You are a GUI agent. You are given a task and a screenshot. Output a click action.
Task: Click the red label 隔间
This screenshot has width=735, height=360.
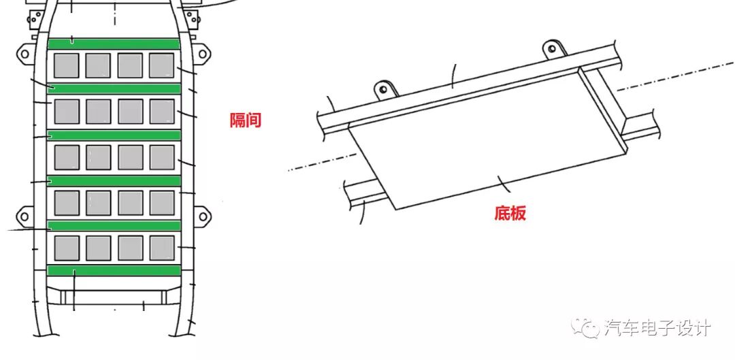click(245, 121)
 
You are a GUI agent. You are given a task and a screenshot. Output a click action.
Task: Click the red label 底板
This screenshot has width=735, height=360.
click(510, 214)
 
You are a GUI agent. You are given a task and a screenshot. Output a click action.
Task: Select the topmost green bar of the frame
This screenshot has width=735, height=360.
click(114, 44)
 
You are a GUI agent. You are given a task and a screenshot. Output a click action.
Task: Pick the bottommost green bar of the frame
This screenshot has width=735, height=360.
click(114, 271)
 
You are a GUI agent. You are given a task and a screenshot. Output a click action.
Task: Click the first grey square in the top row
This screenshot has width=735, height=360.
click(67, 65)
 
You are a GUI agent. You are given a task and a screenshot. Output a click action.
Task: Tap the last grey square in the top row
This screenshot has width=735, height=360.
click(162, 65)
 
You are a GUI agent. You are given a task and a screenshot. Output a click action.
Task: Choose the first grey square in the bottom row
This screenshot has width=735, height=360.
click(67, 248)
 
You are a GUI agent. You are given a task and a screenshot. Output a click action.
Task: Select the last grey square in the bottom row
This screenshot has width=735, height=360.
click(162, 248)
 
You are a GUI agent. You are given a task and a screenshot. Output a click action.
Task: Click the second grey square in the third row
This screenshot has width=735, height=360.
click(98, 157)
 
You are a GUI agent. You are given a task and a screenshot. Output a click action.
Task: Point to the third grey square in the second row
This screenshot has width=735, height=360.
click(130, 111)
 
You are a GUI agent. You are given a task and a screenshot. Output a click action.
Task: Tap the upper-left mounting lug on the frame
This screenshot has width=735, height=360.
click(24, 53)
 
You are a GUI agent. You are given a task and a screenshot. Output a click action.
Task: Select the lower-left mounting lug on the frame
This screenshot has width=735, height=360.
click(24, 216)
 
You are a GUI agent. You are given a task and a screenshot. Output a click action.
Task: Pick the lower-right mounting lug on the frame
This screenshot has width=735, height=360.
click(201, 216)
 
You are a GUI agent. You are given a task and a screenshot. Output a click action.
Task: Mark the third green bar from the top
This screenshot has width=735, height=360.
click(114, 135)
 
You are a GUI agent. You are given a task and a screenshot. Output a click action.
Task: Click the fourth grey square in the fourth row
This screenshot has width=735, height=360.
click(162, 203)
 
